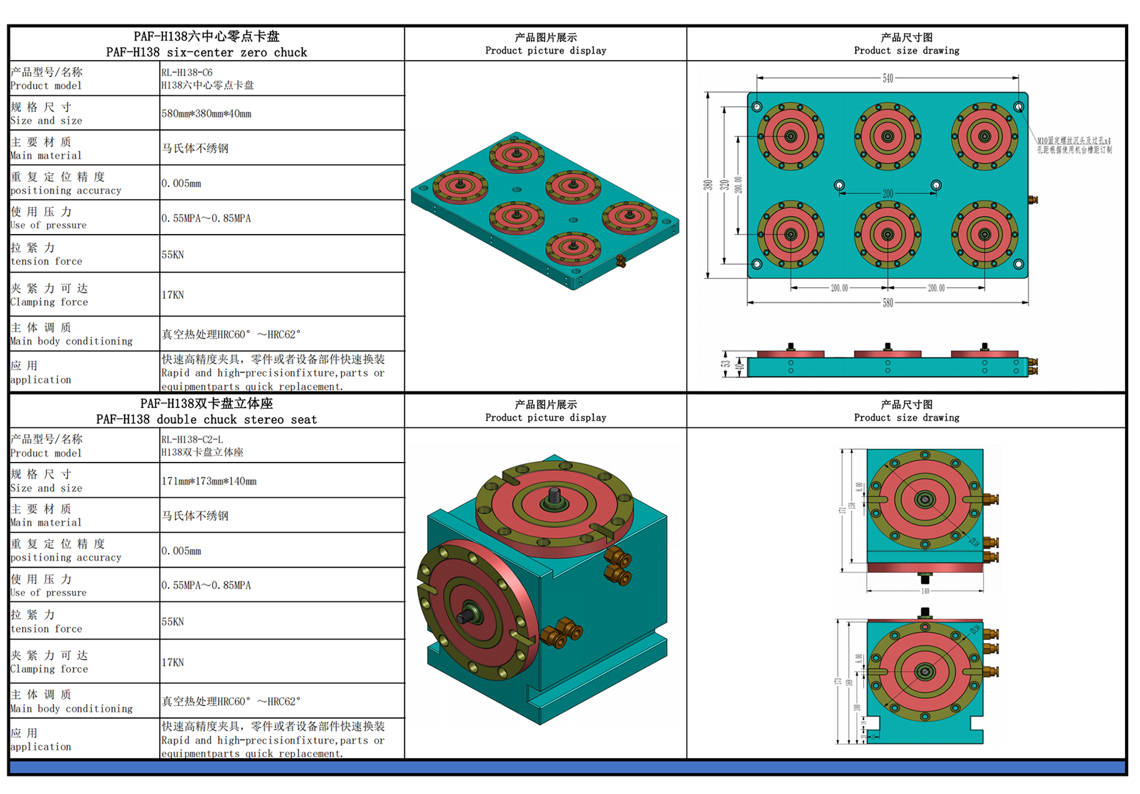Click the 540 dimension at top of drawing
(888, 78)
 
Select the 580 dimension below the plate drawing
(888, 303)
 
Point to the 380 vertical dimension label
(708, 185)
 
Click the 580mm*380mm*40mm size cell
(206, 113)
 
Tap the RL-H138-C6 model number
(187, 72)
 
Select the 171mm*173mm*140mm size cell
(209, 481)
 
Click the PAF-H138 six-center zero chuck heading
(207, 45)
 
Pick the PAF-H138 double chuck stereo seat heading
(207, 412)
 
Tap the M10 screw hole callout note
(1074, 145)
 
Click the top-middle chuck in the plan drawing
(888, 136)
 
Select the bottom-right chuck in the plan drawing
(984, 235)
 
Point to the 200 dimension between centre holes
(888, 194)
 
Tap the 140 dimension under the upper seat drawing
(925, 591)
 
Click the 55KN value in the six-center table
(173, 255)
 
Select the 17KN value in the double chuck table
(173, 662)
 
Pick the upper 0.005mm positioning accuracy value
(181, 184)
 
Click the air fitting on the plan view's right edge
(1033, 200)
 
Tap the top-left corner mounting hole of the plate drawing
(757, 107)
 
